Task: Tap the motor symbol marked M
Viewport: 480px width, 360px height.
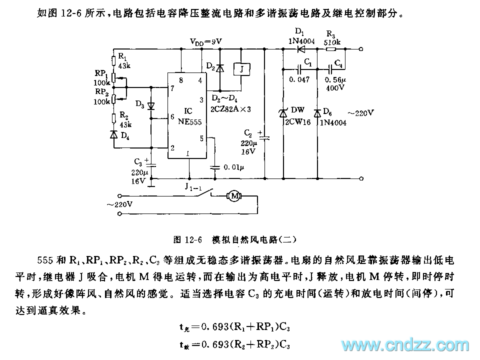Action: point(234,195)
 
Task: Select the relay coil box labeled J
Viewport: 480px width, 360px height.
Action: point(241,69)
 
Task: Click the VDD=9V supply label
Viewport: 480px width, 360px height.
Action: point(205,41)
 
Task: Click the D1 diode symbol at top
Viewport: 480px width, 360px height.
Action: point(301,49)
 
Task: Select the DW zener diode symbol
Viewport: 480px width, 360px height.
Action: point(283,114)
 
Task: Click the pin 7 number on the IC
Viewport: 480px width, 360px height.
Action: point(172,88)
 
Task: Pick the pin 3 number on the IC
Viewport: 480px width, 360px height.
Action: point(201,99)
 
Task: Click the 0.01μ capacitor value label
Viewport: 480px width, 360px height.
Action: point(234,166)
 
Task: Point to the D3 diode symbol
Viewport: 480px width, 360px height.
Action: point(151,105)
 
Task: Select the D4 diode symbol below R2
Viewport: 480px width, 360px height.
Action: point(114,134)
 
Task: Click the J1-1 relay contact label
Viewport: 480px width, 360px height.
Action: point(191,186)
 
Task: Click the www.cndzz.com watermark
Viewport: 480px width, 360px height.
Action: point(404,345)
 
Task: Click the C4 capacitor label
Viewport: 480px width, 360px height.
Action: point(338,64)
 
